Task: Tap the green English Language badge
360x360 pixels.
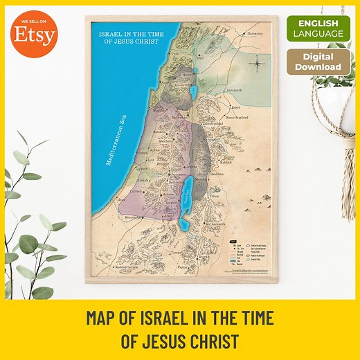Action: pyautogui.click(x=318, y=28)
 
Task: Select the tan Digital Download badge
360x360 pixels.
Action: pyautogui.click(x=318, y=62)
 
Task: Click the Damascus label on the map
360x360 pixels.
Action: pyautogui.click(x=255, y=33)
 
